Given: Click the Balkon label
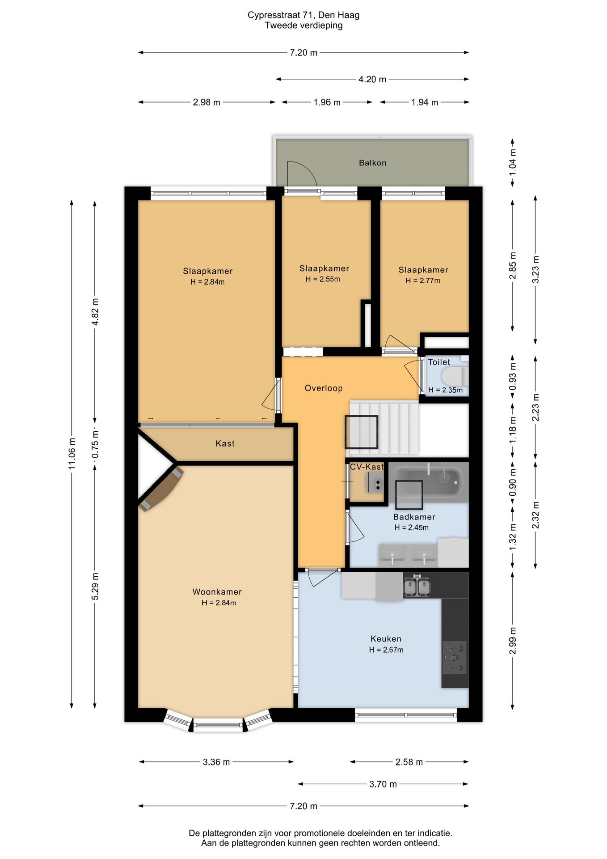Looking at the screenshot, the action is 372,163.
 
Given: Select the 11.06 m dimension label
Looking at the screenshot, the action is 72,454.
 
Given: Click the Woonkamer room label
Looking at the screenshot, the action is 217,592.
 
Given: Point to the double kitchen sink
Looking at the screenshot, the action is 417,587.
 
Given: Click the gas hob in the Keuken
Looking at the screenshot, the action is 455,657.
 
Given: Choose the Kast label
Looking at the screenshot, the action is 225,443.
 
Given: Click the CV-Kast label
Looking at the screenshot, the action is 367,467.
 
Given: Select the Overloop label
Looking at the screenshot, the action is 324,388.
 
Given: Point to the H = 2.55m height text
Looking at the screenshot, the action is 323,279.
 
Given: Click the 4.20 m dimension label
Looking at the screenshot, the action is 372,79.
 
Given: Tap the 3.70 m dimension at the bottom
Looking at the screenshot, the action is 383,784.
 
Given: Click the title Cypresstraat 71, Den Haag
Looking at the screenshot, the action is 303,15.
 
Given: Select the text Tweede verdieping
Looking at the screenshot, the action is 303,26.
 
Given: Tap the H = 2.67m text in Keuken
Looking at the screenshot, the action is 386,650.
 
